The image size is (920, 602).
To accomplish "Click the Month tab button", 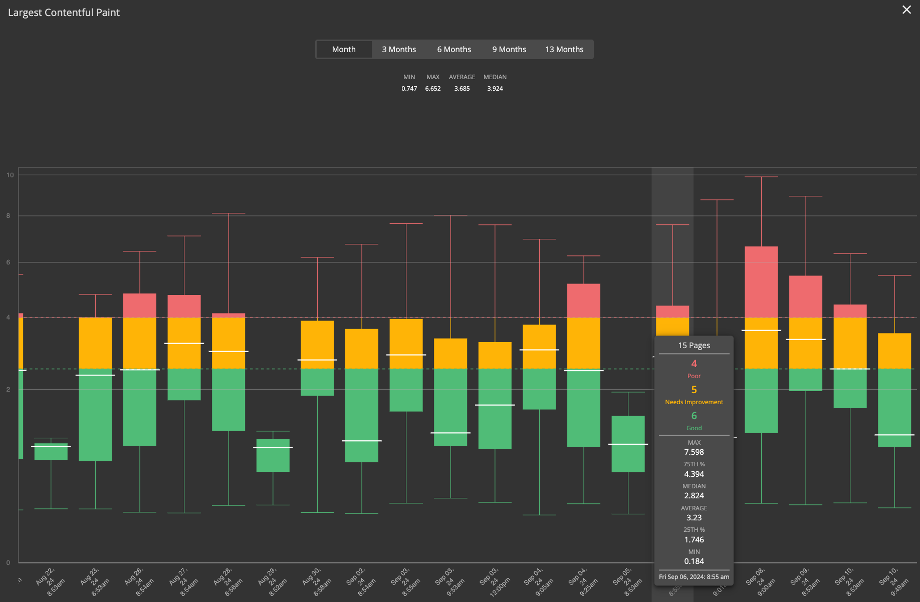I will pyautogui.click(x=344, y=49).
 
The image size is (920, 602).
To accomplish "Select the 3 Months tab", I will pyautogui.click(x=399, y=49).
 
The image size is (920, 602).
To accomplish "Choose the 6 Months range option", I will pyautogui.click(x=454, y=49).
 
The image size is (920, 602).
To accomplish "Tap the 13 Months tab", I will pyautogui.click(x=564, y=49).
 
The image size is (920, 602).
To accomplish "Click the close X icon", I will pyautogui.click(x=906, y=10).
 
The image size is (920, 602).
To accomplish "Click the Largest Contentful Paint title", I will pyautogui.click(x=64, y=13).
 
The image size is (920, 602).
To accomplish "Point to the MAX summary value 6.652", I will pyautogui.click(x=433, y=89).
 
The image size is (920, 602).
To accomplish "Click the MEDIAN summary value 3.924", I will pyautogui.click(x=495, y=89).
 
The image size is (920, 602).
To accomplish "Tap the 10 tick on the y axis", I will pyautogui.click(x=10, y=175).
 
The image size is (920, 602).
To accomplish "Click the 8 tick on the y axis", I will pyautogui.click(x=8, y=216).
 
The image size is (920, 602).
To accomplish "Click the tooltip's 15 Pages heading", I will pyautogui.click(x=694, y=346).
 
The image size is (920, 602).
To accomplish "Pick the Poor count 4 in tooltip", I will pyautogui.click(x=694, y=364).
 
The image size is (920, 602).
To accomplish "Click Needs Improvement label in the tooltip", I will pyautogui.click(x=694, y=402).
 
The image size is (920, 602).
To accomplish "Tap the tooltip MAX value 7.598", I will pyautogui.click(x=694, y=452).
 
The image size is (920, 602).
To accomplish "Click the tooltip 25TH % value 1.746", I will pyautogui.click(x=694, y=540).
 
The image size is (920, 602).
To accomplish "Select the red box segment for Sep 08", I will pyautogui.click(x=761, y=281).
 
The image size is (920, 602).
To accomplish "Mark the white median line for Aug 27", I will pyautogui.click(x=184, y=343).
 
